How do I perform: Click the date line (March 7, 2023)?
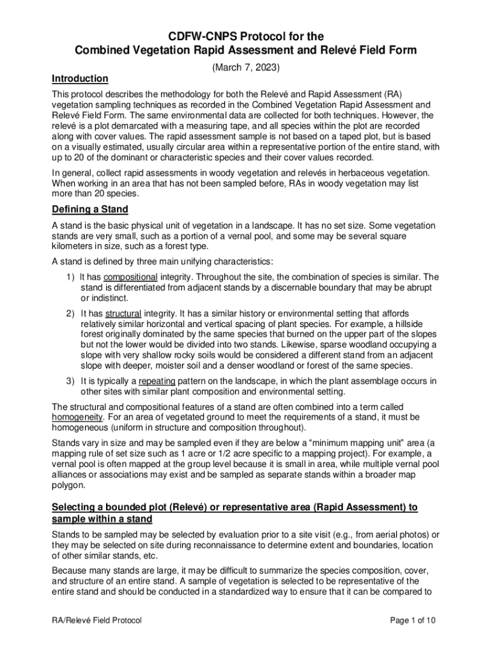click(x=246, y=66)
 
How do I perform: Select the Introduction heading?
click(x=80, y=79)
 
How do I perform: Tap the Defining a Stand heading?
click(x=90, y=209)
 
